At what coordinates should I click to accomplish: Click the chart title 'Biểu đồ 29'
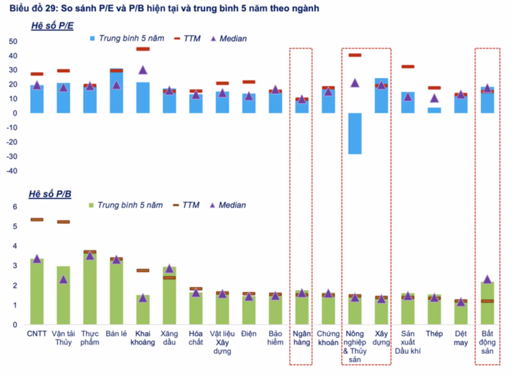164,8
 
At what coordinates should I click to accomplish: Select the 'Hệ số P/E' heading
52,25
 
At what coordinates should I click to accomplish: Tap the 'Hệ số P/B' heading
50,194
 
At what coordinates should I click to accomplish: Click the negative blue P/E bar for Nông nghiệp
355,134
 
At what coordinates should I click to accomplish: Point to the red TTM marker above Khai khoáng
143,49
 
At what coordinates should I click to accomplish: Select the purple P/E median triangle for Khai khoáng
143,70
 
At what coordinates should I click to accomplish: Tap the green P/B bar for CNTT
37,293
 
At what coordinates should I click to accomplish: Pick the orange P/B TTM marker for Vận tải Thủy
64,222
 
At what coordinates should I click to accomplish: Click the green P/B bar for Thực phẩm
90,289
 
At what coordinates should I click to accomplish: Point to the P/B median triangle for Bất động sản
487,279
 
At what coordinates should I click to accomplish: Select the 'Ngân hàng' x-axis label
302,338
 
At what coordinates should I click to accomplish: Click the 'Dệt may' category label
461,338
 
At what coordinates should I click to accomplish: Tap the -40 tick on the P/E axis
12,171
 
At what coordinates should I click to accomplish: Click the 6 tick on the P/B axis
15,207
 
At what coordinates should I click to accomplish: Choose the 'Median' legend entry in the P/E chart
229,38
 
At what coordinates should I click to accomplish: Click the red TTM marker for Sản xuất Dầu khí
408,66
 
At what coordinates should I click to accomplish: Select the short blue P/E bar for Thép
434,110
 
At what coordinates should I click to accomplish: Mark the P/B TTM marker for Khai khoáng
143,270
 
